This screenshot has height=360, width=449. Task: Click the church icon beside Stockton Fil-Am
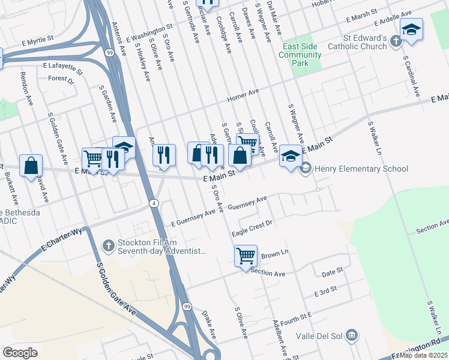point(107,245)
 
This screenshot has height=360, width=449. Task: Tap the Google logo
point(20,352)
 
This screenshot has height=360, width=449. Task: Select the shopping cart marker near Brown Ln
point(246,256)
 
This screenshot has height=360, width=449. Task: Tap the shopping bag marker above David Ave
point(31,166)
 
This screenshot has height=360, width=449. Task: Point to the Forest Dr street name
point(61,79)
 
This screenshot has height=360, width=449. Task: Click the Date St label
point(331,272)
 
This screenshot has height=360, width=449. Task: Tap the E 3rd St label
point(326,292)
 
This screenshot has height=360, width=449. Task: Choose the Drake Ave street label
point(208,323)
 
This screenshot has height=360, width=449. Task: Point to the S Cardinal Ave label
point(412,76)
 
